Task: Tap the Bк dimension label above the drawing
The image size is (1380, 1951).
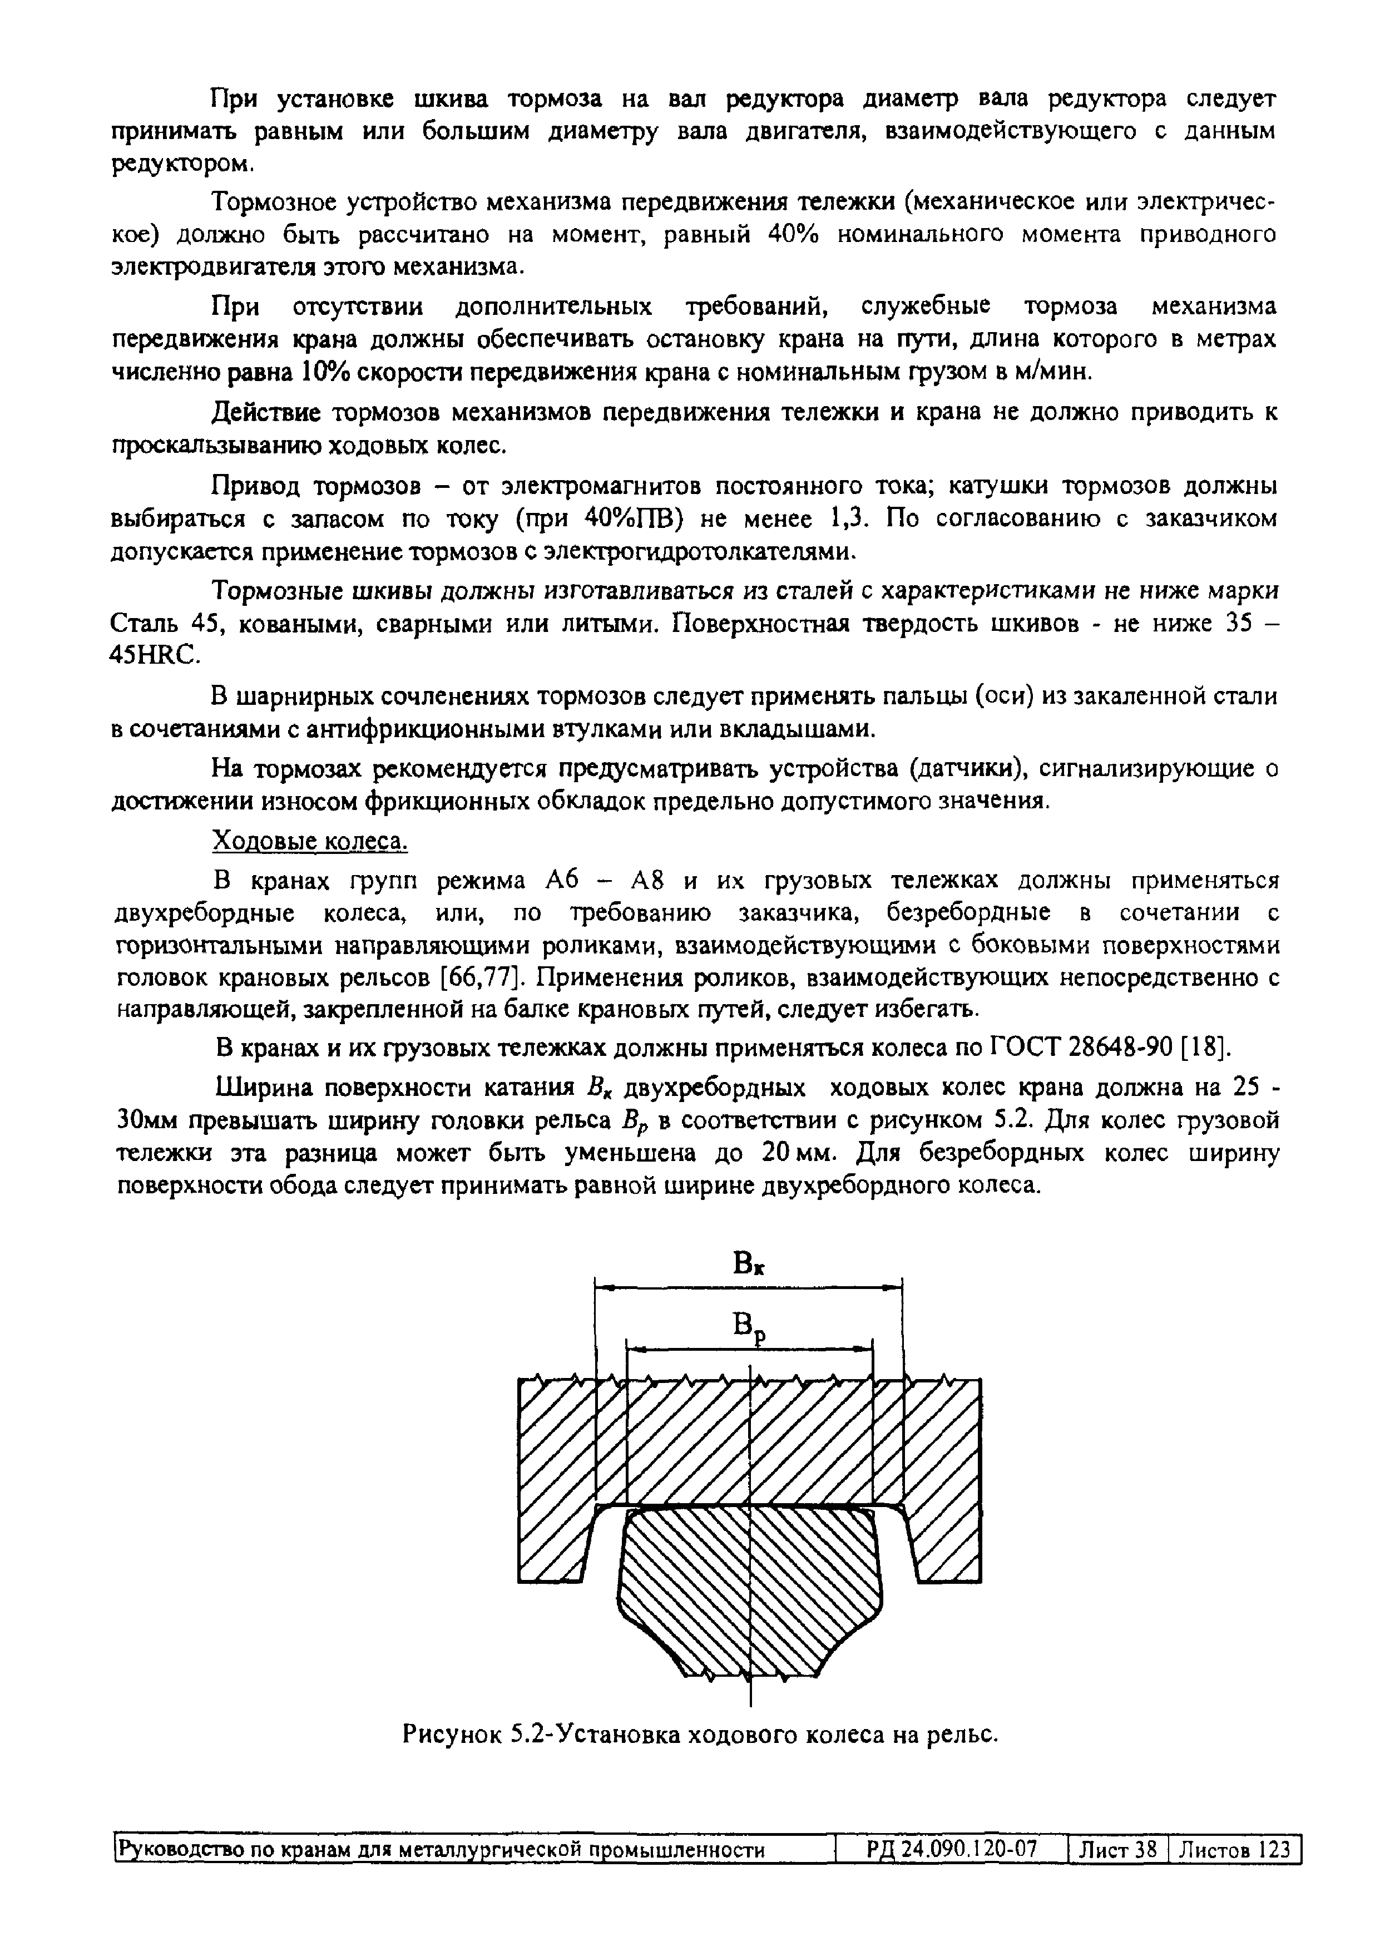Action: click(749, 1266)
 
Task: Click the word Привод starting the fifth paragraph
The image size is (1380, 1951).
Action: click(256, 486)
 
